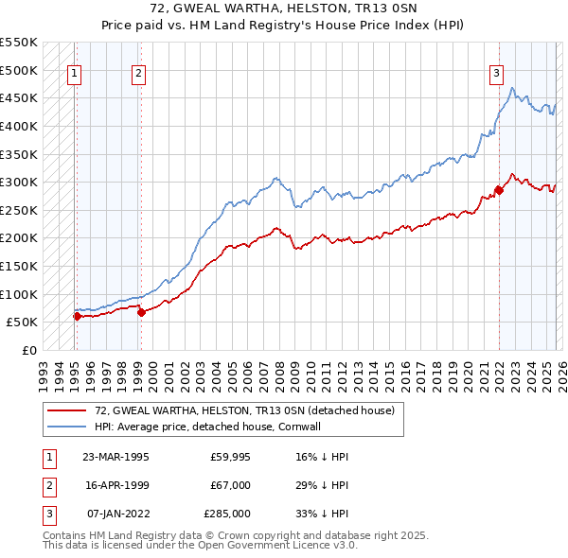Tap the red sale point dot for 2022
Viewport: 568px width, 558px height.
coord(499,190)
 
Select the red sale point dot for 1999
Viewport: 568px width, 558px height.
coord(141,312)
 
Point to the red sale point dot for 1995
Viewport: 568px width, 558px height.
coord(77,316)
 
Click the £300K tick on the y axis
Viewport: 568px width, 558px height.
coord(18,182)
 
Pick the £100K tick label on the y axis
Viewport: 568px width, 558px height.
coord(18,294)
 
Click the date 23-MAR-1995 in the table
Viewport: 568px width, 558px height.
coord(115,456)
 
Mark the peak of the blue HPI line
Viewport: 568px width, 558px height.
coord(512,88)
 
